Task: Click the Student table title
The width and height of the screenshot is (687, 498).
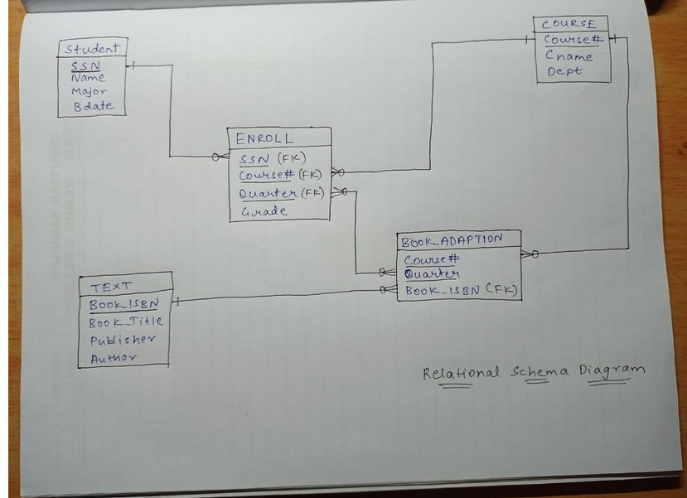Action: [90, 49]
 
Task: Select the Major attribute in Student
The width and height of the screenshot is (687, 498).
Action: [89, 92]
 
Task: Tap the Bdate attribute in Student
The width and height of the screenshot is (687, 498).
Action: [92, 107]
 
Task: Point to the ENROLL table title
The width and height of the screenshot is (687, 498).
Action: [264, 138]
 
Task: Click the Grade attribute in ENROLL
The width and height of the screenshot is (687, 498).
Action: [264, 211]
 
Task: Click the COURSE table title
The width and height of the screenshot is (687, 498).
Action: [568, 25]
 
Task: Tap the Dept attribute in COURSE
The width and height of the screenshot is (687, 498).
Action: [564, 72]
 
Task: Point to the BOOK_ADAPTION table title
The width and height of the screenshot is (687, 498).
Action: [452, 241]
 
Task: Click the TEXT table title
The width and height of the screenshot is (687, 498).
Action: [112, 287]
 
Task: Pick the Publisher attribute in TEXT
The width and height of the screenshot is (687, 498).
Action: [122, 340]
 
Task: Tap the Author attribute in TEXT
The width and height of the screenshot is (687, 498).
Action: [114, 358]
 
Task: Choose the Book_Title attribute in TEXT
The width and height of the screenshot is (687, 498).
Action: [125, 322]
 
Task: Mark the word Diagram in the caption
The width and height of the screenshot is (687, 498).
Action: [612, 370]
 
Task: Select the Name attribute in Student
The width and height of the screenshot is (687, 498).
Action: [88, 78]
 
